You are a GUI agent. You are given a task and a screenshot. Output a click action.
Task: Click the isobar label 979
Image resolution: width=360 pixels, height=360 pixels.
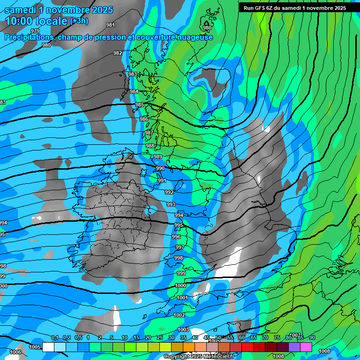[35, 31]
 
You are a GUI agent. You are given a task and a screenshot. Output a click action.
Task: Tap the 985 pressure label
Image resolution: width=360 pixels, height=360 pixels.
[140, 105]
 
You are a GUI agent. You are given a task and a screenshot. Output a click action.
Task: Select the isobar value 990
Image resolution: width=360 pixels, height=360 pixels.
[160, 168]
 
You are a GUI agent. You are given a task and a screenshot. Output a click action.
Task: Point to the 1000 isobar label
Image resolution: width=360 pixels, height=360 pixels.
[180, 285]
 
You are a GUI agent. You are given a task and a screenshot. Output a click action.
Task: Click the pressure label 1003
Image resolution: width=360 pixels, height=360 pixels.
[183, 330]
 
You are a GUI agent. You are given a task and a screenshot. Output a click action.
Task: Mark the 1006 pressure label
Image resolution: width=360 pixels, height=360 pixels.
[15, 352]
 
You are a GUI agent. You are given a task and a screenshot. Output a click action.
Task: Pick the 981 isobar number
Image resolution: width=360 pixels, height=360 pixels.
[111, 25]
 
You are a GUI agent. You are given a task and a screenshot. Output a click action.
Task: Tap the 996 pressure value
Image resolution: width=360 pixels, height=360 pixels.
[176, 237]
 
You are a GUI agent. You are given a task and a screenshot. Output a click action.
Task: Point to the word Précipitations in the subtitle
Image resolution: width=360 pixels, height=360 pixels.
[29, 37]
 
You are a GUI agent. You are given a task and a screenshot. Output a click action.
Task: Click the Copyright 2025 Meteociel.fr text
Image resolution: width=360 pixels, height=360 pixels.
[206, 357]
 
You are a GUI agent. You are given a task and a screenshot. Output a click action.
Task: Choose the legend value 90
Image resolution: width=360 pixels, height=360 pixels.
[312, 337]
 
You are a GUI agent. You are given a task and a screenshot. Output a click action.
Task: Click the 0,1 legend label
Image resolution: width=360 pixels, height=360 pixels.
[55, 337]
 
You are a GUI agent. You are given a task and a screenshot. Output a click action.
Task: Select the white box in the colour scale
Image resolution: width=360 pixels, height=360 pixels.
[48, 347]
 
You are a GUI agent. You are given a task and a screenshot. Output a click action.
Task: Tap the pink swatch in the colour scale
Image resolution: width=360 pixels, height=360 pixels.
[306, 347]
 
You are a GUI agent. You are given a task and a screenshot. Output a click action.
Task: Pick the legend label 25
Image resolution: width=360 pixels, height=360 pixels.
[160, 337]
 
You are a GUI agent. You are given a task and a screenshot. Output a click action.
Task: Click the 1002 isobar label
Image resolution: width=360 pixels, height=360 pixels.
[179, 315]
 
